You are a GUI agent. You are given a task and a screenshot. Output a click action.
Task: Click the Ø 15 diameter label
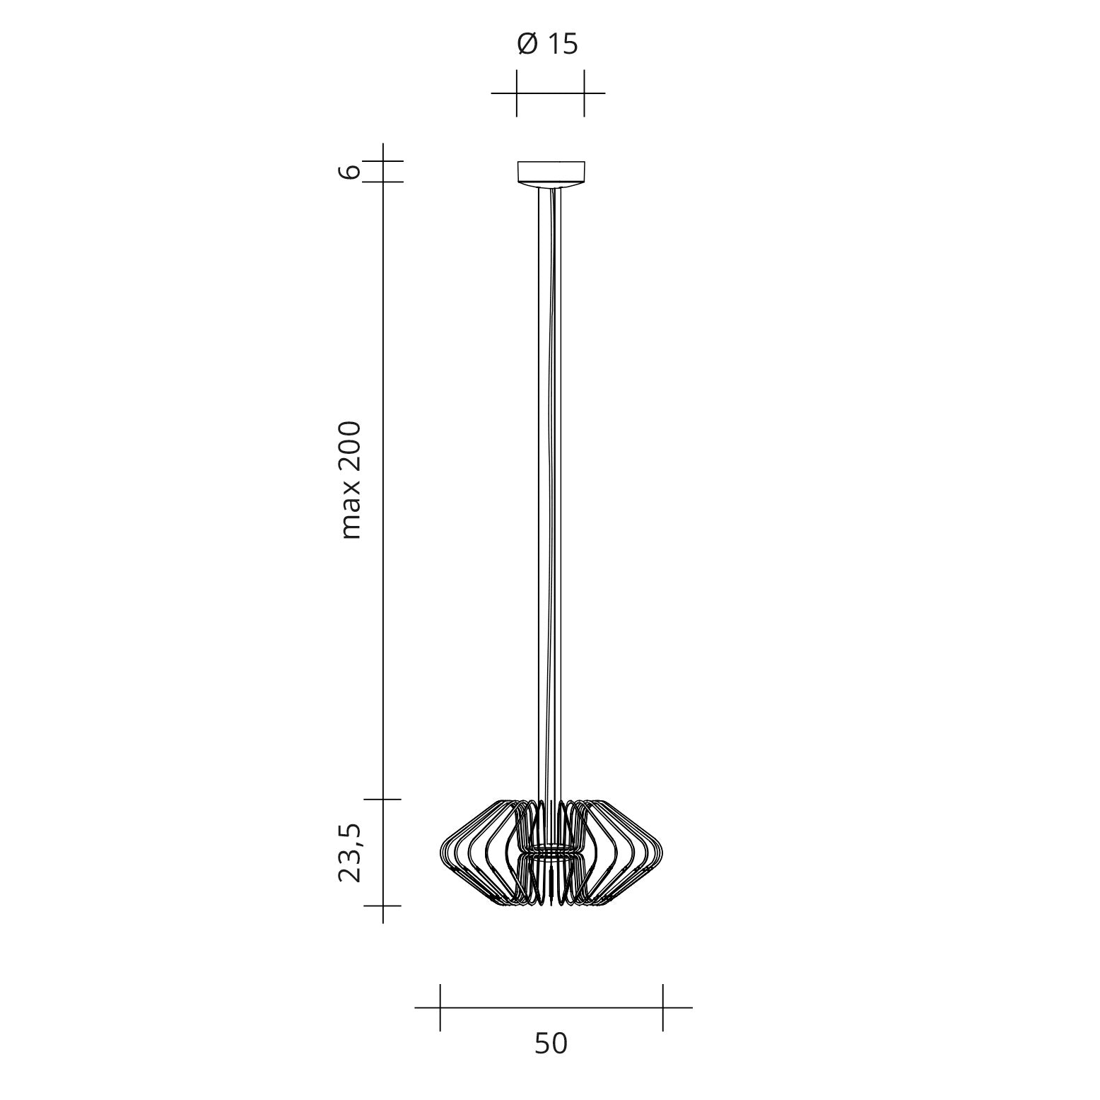548,45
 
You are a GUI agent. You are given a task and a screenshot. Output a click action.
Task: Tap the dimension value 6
350,171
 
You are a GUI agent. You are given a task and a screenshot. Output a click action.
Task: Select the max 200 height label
350,481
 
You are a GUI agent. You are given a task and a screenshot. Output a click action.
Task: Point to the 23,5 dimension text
350,853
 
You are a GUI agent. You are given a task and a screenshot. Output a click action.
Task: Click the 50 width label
551,1043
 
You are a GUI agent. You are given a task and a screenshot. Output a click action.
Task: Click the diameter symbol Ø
527,45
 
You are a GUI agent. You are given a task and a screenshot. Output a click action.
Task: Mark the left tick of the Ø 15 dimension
517,93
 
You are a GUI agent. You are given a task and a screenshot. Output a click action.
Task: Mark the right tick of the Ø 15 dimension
584,93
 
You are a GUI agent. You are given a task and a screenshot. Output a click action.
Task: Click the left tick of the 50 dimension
440,1007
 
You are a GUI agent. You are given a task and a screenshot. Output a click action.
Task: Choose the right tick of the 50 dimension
662,1007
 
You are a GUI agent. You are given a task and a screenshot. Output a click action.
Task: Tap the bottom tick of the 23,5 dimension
382,906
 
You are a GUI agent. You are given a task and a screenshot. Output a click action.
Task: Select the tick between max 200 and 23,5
382,800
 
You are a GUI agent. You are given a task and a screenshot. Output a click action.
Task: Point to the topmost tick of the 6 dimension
382,161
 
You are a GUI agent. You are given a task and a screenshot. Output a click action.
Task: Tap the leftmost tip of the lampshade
441,853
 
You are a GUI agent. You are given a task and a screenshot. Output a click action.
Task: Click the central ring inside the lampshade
551,848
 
